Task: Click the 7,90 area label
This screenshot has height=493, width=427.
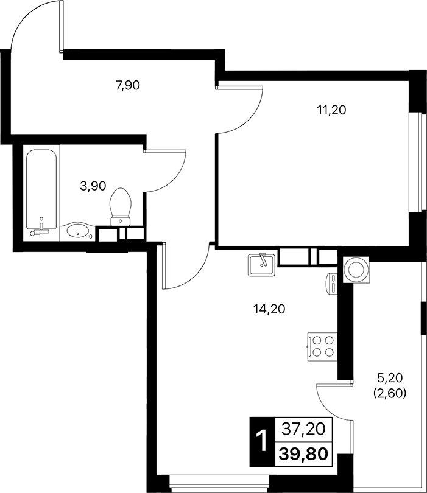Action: click(x=128, y=85)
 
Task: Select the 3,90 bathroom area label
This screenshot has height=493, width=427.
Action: click(x=93, y=186)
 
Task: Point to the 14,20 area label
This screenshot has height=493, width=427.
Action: click(x=269, y=309)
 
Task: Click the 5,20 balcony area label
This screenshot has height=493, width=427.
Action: click(x=390, y=377)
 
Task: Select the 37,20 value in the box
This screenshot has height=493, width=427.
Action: click(x=303, y=430)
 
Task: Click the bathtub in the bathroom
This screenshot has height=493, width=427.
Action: click(x=42, y=191)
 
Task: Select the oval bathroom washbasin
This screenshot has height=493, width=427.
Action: click(x=77, y=231)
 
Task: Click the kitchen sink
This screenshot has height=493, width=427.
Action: click(x=263, y=264)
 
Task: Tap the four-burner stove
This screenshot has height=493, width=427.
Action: click(x=322, y=346)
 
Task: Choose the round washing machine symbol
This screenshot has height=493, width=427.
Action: click(x=356, y=270)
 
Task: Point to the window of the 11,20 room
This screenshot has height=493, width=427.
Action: click(x=419, y=161)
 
